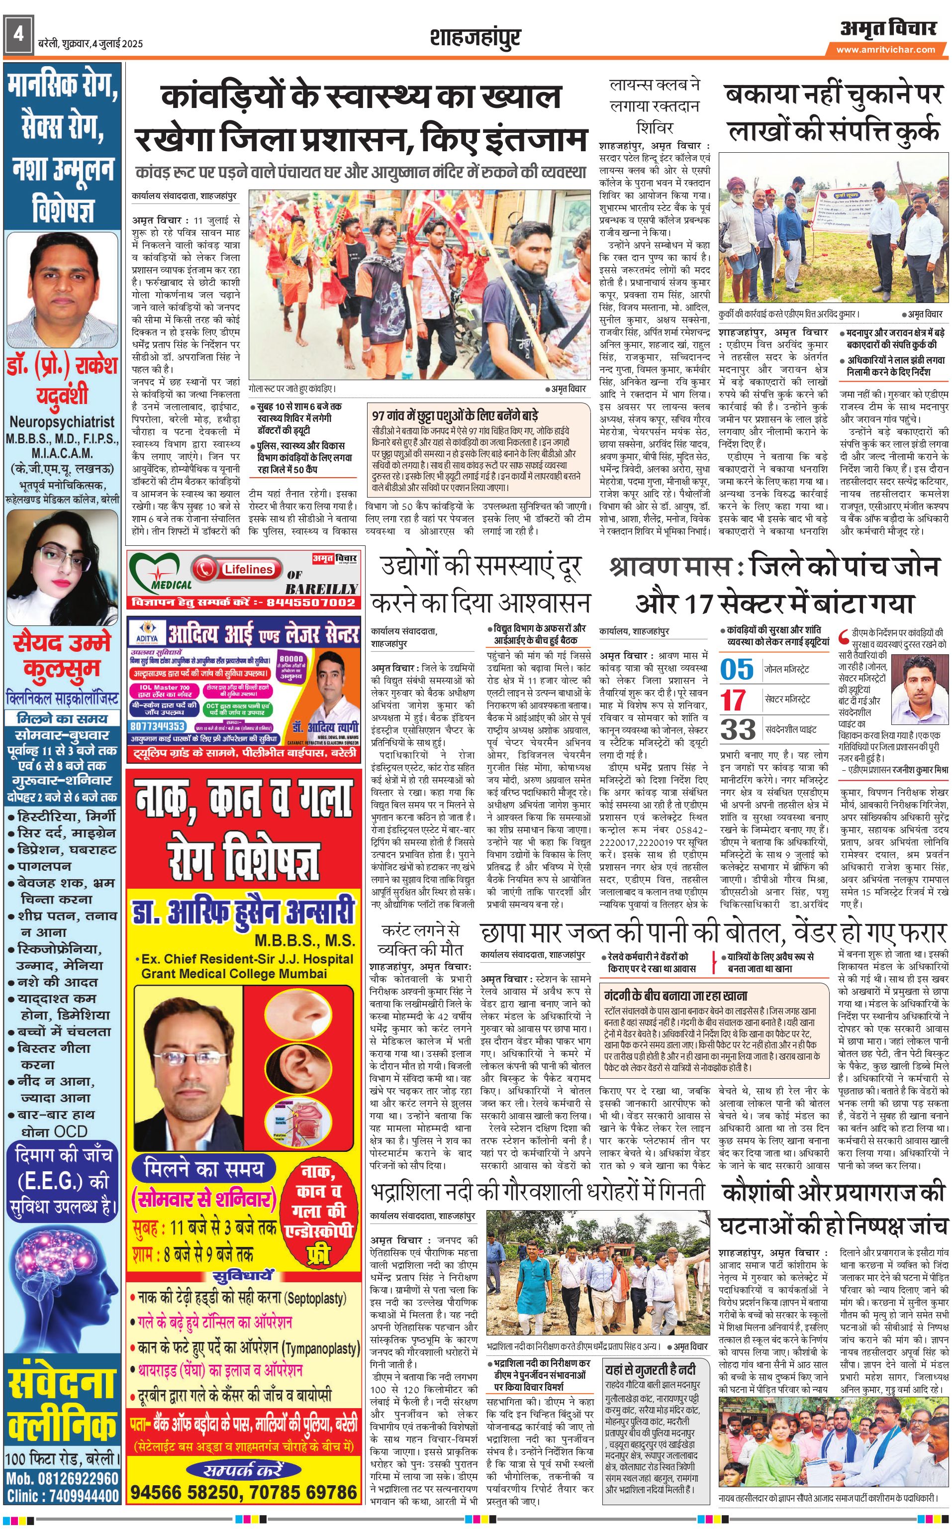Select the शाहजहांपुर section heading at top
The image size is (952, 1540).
click(476, 38)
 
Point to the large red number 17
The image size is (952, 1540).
click(733, 699)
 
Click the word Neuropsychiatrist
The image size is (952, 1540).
click(62, 422)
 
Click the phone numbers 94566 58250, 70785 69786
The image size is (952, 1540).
click(244, 1492)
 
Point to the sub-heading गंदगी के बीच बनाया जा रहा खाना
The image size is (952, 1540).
click(667, 997)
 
